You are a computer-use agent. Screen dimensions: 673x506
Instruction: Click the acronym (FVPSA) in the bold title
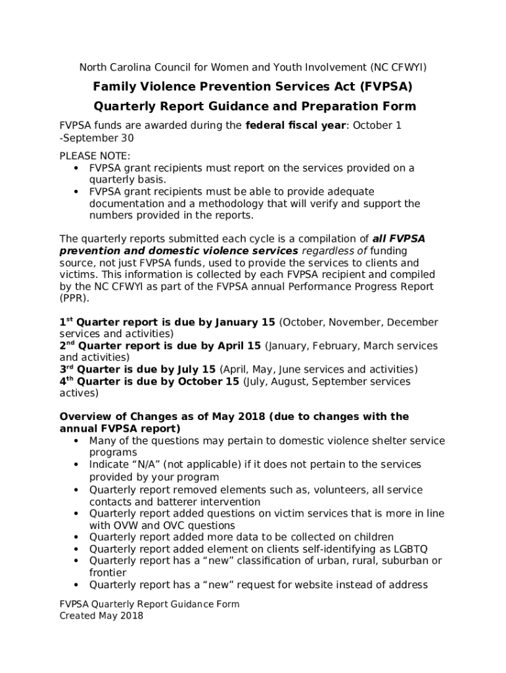tap(384, 87)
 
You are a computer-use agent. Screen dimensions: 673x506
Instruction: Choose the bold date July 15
tap(191, 369)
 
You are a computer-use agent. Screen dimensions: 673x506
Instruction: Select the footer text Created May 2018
tap(101, 616)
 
